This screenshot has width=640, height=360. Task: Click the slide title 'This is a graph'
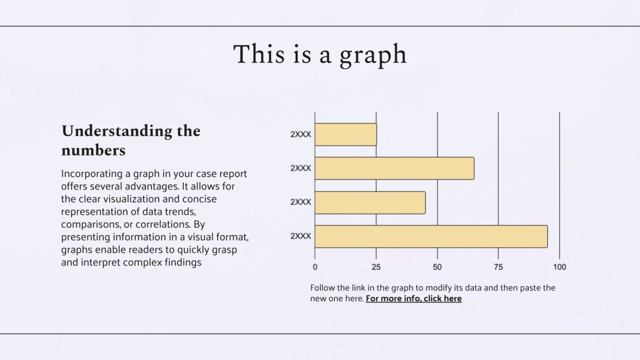(x=320, y=55)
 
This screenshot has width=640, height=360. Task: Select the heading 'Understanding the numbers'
(x=131, y=140)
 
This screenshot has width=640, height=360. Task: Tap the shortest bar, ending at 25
(x=345, y=134)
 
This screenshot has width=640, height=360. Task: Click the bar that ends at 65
(x=394, y=168)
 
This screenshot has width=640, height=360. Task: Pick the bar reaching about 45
(x=370, y=202)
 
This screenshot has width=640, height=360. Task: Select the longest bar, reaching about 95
(x=430, y=236)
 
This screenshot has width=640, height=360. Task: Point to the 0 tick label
(x=315, y=267)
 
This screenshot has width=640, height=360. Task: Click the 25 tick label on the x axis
(x=376, y=267)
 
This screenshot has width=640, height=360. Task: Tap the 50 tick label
(x=437, y=267)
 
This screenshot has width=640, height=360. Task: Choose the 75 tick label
(x=498, y=267)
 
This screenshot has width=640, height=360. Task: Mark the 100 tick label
(x=559, y=267)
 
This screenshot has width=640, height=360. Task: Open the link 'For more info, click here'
(x=414, y=299)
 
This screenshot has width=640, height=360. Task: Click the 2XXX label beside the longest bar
(x=300, y=236)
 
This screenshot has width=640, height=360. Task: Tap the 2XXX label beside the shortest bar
(x=300, y=134)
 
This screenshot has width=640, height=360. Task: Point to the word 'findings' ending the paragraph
(x=183, y=262)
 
